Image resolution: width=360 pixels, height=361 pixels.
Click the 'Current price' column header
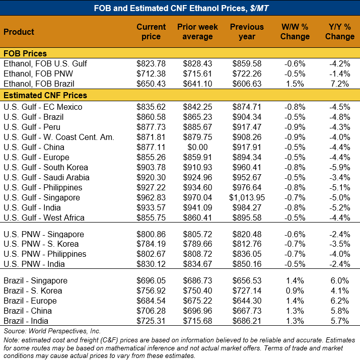point(151,32)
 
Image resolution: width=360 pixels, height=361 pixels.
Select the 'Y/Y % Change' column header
point(340,32)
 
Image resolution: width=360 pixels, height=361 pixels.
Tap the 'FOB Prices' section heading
point(25,53)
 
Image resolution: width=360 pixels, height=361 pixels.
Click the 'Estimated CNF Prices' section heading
point(45,95)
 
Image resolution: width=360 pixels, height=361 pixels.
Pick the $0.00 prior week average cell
point(197,147)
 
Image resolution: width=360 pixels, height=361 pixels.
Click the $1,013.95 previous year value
point(247,197)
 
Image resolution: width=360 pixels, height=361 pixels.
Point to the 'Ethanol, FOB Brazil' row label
point(39,84)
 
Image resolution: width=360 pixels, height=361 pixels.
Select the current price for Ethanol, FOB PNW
point(151,74)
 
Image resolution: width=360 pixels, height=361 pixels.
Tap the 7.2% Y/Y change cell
point(340,84)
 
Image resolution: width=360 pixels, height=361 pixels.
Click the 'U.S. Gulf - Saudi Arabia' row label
point(46,178)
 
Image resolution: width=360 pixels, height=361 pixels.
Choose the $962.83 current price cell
point(151,197)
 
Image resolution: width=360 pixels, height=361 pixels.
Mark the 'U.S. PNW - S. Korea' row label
point(41,244)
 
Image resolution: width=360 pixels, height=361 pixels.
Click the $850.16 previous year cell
point(247,264)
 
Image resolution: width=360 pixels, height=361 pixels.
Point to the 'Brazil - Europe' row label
point(30,301)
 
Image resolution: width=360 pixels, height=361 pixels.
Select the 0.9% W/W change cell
point(295,291)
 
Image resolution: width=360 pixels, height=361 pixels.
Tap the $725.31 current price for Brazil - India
point(151,321)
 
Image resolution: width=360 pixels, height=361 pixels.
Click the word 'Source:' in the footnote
point(15,331)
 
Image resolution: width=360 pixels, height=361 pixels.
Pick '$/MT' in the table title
point(259,8)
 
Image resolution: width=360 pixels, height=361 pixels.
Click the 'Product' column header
point(19,32)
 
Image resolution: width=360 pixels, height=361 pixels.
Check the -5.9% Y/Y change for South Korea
point(340,167)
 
